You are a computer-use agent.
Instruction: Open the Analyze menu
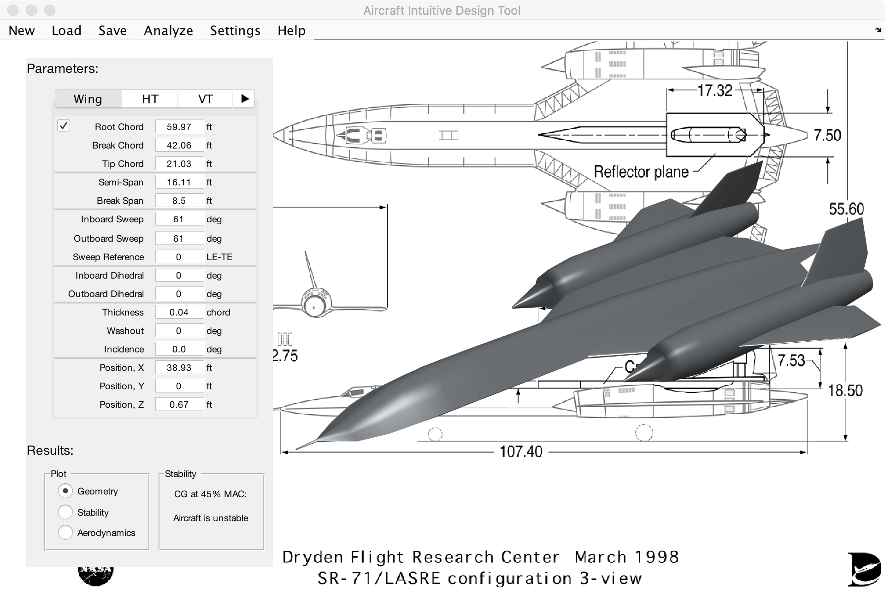pyautogui.click(x=168, y=30)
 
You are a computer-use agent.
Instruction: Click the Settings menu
pyautogui.click(x=235, y=30)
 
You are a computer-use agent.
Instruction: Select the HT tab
pyautogui.click(x=150, y=99)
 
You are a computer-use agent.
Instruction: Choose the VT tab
pyautogui.click(x=205, y=99)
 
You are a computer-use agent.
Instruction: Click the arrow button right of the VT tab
pyautogui.click(x=244, y=99)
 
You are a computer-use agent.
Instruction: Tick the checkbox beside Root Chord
pyautogui.click(x=64, y=126)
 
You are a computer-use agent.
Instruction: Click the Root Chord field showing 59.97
pyautogui.click(x=179, y=127)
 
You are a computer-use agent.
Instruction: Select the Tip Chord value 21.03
pyautogui.click(x=179, y=164)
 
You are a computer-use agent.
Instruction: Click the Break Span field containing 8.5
pyautogui.click(x=179, y=201)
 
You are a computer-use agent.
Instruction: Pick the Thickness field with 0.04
pyautogui.click(x=179, y=312)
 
